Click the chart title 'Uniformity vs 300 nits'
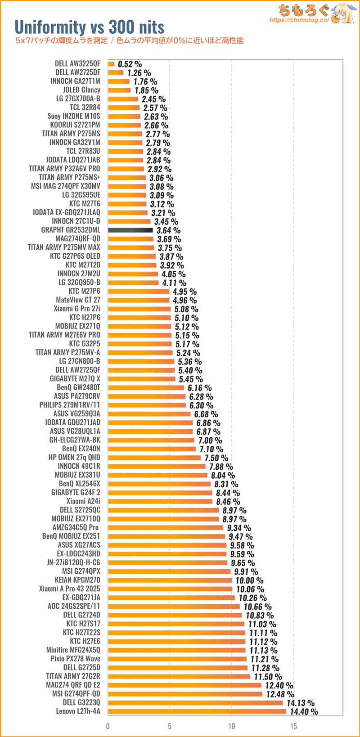pyautogui.click(x=90, y=27)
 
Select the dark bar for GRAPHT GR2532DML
pyautogui.click(x=130, y=230)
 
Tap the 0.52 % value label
pyautogui.click(x=130, y=64)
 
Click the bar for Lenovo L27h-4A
pyautogui.click(x=197, y=711)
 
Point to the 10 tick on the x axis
pyautogui.click(x=231, y=726)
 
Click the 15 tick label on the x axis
pyautogui.click(x=293, y=726)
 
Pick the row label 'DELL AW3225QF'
pyautogui.click(x=77, y=64)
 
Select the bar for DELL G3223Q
pyautogui.click(x=195, y=702)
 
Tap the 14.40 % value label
pyautogui.click(x=304, y=712)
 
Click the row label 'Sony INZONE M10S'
pyautogui.click(x=74, y=116)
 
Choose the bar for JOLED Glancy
pyautogui.click(x=119, y=90)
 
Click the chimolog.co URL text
pyautogui.click(x=299, y=20)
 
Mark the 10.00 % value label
pyautogui.click(x=249, y=580)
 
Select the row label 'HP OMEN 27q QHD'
pyautogui.click(x=74, y=458)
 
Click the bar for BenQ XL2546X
pyautogui.click(x=159, y=484)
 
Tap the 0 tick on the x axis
pyautogui.click(x=108, y=726)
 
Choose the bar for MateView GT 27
pyautogui.click(x=139, y=300)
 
